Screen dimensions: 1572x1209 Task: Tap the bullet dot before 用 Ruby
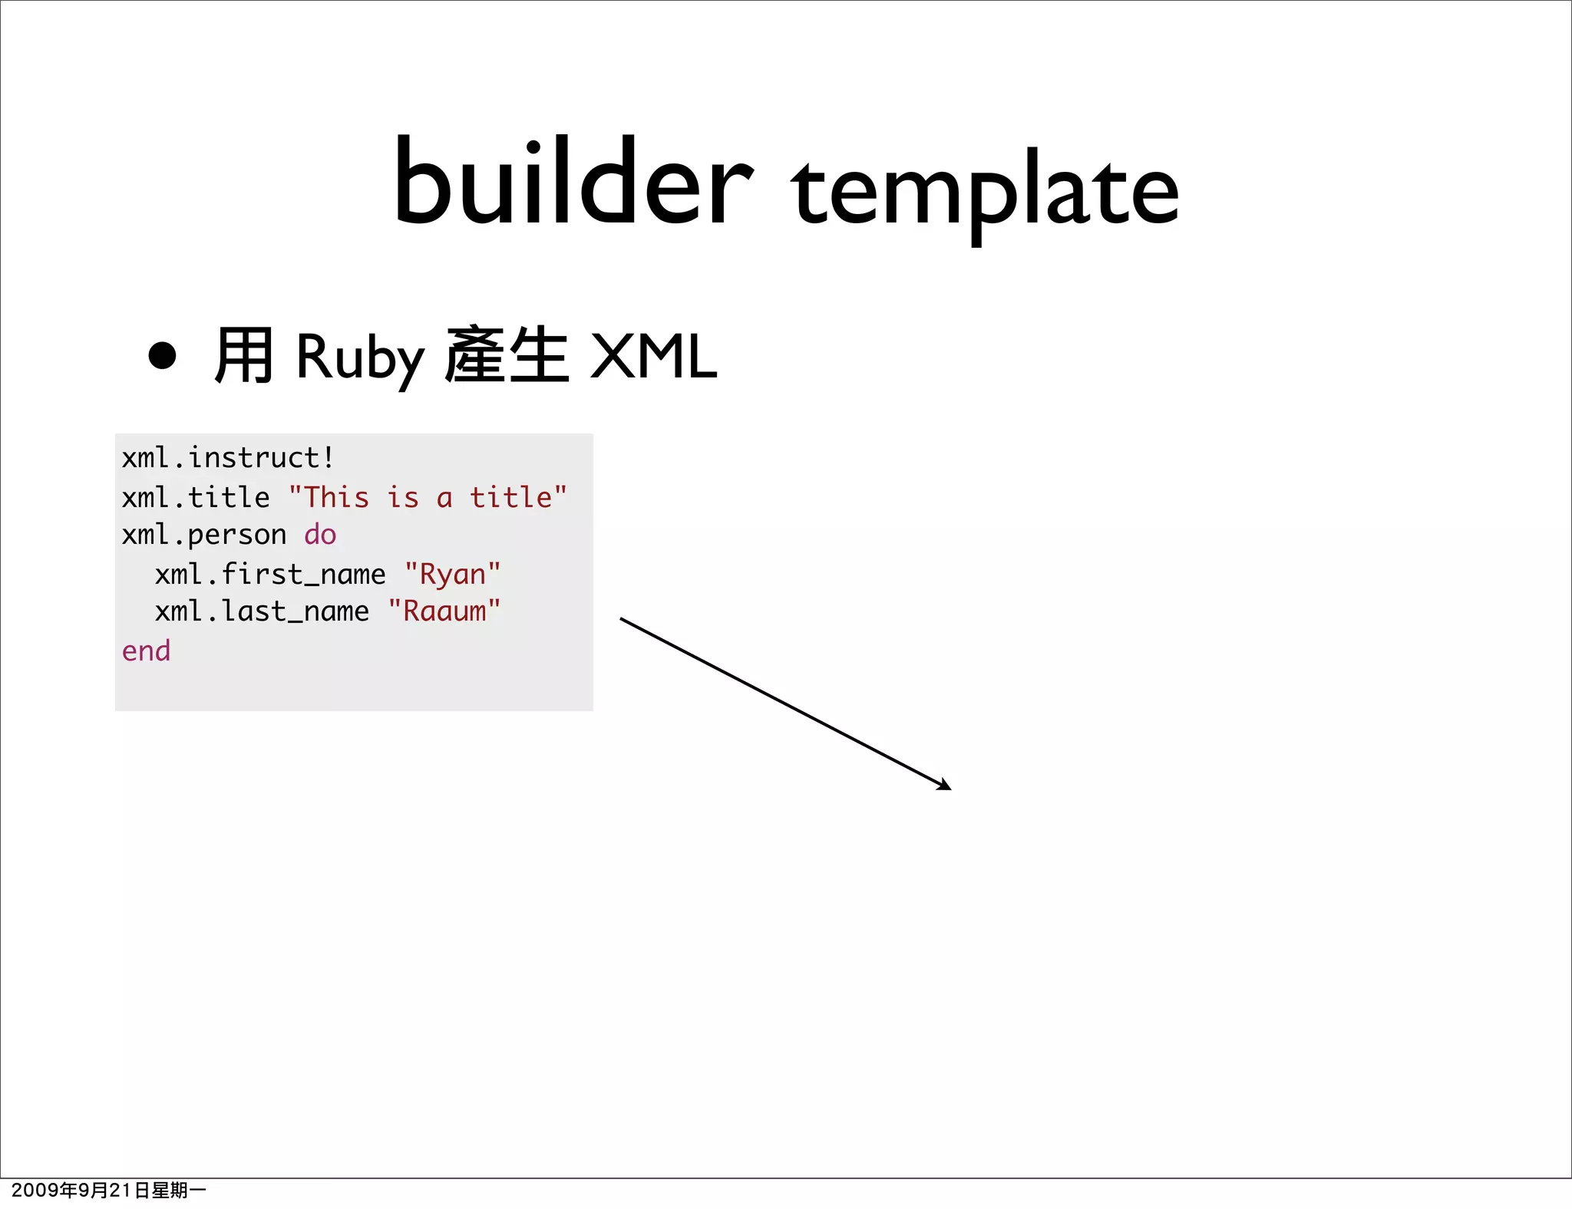(162, 355)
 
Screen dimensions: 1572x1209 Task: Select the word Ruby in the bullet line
(359, 357)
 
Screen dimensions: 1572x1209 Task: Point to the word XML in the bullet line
(653, 357)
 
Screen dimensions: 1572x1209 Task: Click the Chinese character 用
(243, 355)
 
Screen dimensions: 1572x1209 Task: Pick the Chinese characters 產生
(507, 355)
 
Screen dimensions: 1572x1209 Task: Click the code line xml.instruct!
(228, 458)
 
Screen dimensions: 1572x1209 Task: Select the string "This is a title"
(428, 498)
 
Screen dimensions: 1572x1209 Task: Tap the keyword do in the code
(320, 535)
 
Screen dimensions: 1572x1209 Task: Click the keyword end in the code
(146, 651)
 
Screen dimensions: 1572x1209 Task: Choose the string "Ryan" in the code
(452, 575)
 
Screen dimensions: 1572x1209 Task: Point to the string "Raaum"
(444, 611)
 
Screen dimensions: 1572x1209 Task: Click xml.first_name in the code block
(270, 575)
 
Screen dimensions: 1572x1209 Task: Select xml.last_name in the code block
(262, 611)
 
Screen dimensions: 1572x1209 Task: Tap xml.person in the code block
(203, 535)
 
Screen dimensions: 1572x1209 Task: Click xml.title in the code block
(196, 498)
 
